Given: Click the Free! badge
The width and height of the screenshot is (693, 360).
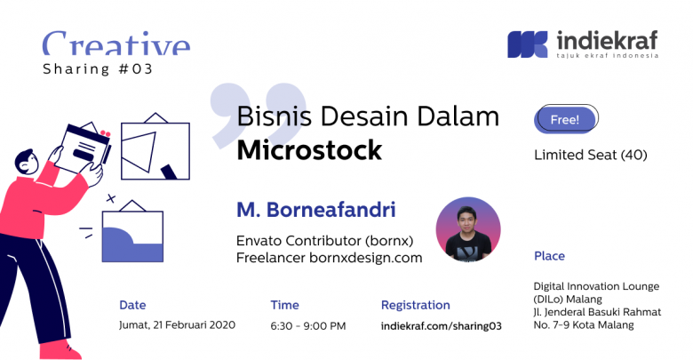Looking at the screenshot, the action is (x=566, y=119).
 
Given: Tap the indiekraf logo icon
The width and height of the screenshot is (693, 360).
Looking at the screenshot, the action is (x=527, y=44).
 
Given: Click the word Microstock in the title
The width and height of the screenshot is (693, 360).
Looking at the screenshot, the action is (x=309, y=150).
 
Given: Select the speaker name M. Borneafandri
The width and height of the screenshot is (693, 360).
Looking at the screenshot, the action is (x=316, y=210).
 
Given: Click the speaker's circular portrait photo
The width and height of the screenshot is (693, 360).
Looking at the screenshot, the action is (x=468, y=229).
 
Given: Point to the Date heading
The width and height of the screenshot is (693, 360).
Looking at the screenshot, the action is (x=132, y=305).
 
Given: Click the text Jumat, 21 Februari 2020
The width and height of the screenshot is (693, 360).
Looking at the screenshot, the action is (x=177, y=325).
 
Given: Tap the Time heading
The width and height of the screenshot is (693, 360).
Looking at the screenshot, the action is (x=284, y=305).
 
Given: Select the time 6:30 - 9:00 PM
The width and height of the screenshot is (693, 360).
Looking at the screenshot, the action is (x=308, y=326).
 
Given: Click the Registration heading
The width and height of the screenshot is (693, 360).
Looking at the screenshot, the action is (x=416, y=305).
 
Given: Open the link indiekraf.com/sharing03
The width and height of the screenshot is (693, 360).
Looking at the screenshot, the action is (x=441, y=326).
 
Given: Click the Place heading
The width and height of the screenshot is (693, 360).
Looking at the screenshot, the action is (x=549, y=256).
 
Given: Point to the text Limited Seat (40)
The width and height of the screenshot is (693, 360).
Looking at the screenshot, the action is (x=591, y=155).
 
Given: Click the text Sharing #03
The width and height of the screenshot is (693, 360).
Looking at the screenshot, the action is (x=98, y=69).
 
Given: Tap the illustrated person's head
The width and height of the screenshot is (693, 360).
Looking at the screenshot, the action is (x=27, y=163).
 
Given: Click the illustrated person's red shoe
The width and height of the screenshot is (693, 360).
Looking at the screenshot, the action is (x=60, y=350).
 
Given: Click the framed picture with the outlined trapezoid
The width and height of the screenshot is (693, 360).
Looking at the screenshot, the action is (x=155, y=148).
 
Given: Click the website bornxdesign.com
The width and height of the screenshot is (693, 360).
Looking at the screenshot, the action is (x=366, y=258).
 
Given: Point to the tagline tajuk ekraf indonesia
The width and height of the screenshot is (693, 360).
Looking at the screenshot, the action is (x=608, y=56).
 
